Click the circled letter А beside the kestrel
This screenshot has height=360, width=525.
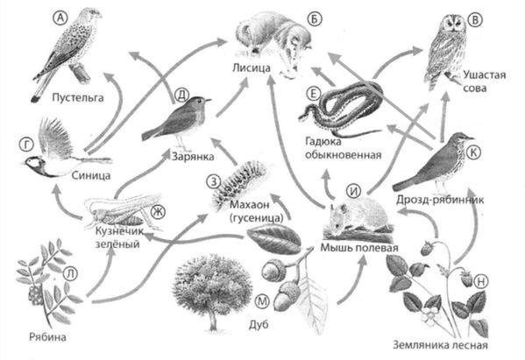pyautogui.click(x=60, y=18)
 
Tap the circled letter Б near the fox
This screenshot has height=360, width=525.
pyautogui.click(x=314, y=19)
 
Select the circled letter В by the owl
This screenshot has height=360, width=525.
pyautogui.click(x=475, y=20)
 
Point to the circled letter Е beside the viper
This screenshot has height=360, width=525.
pyautogui.click(x=314, y=94)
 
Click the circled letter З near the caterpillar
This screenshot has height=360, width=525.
pyautogui.click(x=214, y=182)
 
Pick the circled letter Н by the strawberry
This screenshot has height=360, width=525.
pyautogui.click(x=480, y=281)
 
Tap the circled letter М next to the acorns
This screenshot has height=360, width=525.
pyautogui.click(x=261, y=301)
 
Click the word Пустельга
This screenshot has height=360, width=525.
pyautogui.click(x=78, y=98)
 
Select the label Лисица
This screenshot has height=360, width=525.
pyautogui.click(x=252, y=68)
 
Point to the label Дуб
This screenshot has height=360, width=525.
pyautogui.click(x=259, y=324)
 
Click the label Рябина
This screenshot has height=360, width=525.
pyautogui.click(x=47, y=336)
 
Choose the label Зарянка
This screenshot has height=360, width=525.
pyautogui.click(x=193, y=156)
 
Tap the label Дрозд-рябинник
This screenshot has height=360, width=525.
pyautogui.click(x=440, y=200)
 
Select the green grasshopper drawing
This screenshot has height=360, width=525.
pyautogui.click(x=122, y=211)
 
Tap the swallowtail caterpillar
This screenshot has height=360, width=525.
pyautogui.click(x=240, y=181)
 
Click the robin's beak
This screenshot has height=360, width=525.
pyautogui.click(x=209, y=100)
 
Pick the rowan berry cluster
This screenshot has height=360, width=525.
pyautogui.click(x=35, y=294)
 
